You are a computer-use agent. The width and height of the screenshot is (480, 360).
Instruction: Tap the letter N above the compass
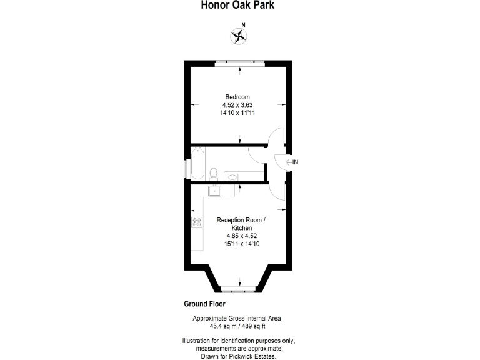244,26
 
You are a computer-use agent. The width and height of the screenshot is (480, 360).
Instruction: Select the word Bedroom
238,97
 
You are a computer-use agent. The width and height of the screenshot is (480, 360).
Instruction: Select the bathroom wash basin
231,176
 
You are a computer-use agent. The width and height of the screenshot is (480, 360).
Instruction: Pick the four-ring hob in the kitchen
197,222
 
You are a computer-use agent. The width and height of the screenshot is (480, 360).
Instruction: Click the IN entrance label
296,163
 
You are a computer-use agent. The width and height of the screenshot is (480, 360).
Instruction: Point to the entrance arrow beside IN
288,163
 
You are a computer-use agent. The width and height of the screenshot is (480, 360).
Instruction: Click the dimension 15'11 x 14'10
241,244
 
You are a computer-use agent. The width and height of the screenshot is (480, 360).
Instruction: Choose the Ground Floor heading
204,305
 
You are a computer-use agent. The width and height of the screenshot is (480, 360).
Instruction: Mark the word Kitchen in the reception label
241,228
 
